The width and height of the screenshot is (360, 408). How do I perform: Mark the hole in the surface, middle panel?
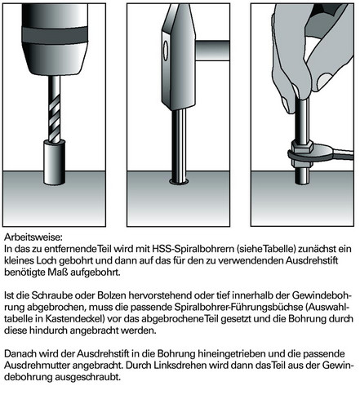[x=178, y=177]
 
